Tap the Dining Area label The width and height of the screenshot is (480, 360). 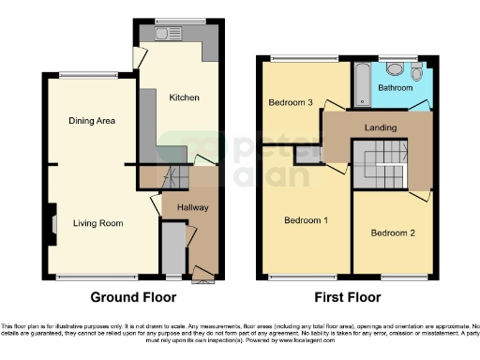pos(91,120)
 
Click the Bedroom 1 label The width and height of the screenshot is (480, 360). pos(307,220)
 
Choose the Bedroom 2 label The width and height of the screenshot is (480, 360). pos(391,232)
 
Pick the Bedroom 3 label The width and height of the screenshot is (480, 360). pos(290,102)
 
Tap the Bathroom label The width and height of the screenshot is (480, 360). pos(396,87)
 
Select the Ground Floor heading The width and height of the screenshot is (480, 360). pos(130,298)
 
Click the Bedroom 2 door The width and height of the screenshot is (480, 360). pos(418,193)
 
